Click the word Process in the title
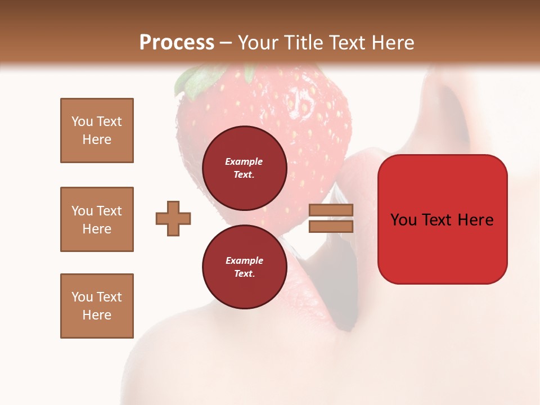177,43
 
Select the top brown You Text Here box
97,130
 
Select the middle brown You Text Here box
97,219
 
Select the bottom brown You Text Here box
97,305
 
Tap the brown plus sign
173,218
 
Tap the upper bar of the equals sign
331,210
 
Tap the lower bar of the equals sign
331,226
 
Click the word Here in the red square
476,220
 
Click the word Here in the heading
394,43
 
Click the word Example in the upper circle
244,161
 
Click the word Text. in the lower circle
244,273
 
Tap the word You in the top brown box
82,121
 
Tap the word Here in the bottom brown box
97,315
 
